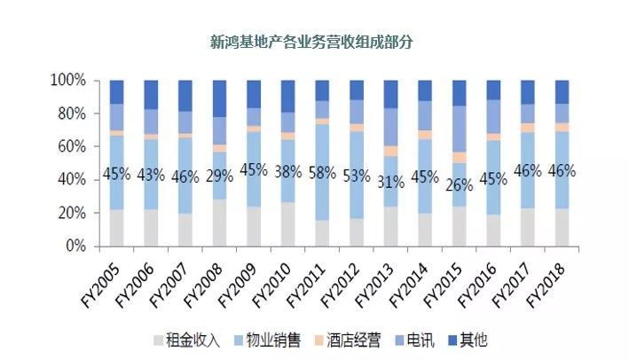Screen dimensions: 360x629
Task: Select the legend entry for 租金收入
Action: (x=187, y=340)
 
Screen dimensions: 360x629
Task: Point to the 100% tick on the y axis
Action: (x=68, y=81)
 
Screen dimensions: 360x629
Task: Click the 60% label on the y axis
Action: (x=72, y=147)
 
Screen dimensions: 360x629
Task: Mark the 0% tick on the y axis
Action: (x=75, y=247)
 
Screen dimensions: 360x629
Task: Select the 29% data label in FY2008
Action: (x=220, y=175)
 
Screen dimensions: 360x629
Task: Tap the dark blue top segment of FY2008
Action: (x=220, y=98)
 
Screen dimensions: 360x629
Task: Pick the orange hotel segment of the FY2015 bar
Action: (x=459, y=158)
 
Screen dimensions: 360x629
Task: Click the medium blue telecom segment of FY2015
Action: (x=459, y=129)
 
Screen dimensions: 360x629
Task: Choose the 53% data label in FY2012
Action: (x=357, y=175)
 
